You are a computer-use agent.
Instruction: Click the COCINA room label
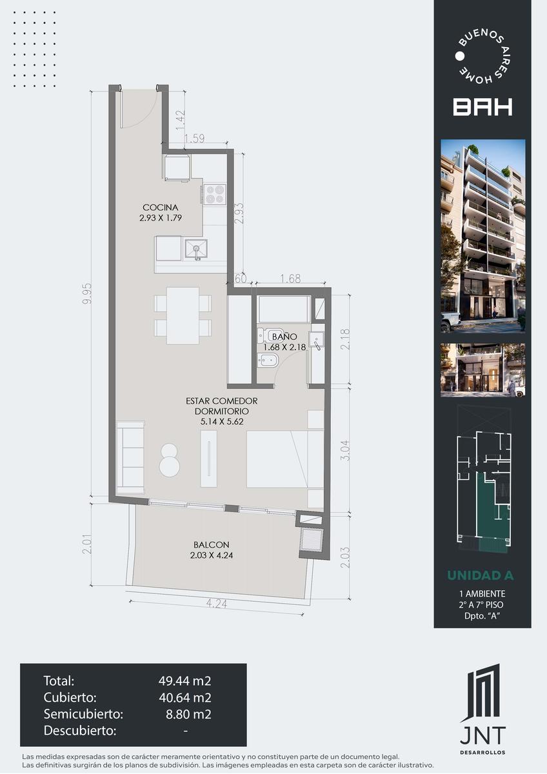(x=161, y=207)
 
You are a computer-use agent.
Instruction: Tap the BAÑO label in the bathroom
(x=284, y=336)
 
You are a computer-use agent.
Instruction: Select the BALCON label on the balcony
(x=212, y=544)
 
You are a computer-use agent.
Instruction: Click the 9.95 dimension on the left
(x=87, y=293)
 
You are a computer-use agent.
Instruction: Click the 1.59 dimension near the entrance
(x=195, y=139)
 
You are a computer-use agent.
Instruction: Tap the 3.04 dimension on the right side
(x=345, y=450)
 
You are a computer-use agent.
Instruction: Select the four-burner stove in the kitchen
(x=215, y=194)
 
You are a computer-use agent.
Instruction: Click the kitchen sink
(x=196, y=250)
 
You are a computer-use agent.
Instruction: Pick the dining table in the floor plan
(x=183, y=315)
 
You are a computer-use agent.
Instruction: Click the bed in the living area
(x=277, y=459)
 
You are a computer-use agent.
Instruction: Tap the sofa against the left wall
(x=130, y=457)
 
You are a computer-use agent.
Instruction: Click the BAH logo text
(x=482, y=106)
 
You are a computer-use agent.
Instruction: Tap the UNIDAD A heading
(x=481, y=575)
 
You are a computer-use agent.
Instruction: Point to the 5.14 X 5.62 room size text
(x=222, y=422)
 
